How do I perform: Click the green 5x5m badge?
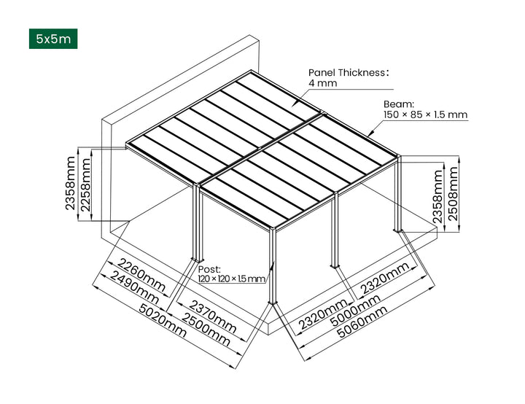tap(52, 39)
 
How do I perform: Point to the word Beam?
tap(399, 104)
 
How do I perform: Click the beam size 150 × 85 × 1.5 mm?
tap(425, 115)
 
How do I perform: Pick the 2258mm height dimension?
tap(85, 185)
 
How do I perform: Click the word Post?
tap(209, 269)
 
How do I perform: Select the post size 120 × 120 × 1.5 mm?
tap(232, 279)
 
